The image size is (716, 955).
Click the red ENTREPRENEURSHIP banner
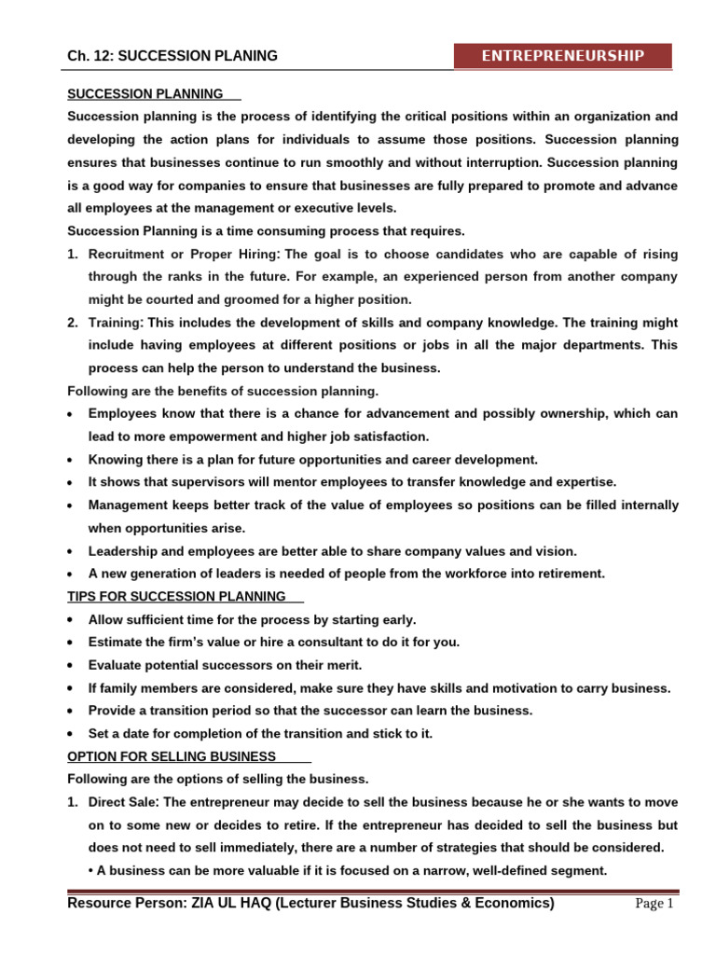[562, 56]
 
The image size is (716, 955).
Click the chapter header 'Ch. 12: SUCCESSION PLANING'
[172, 56]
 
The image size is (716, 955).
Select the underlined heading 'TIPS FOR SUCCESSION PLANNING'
[177, 597]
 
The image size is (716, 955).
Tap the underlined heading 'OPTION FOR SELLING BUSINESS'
[172, 756]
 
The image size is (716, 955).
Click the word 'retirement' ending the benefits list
[566, 574]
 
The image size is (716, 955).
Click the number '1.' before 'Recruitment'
[73, 255]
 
